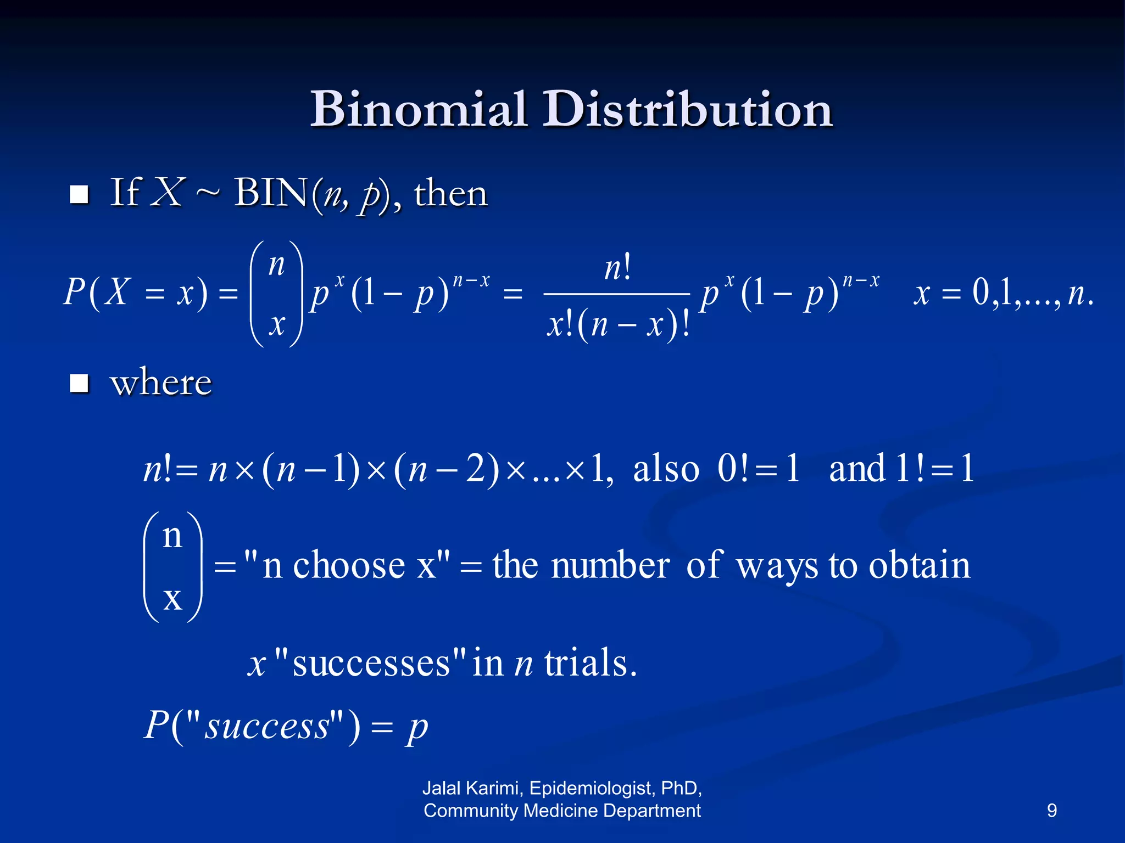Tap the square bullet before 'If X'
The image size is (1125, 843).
click(80, 194)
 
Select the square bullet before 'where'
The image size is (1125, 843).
click(80, 383)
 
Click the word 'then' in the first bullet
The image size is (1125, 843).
click(450, 194)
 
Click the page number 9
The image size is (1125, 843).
click(1051, 811)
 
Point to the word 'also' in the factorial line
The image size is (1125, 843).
click(666, 469)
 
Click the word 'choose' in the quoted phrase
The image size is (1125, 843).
click(349, 566)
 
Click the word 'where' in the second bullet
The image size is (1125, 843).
click(161, 383)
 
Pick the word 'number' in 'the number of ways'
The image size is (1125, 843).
click(610, 566)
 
